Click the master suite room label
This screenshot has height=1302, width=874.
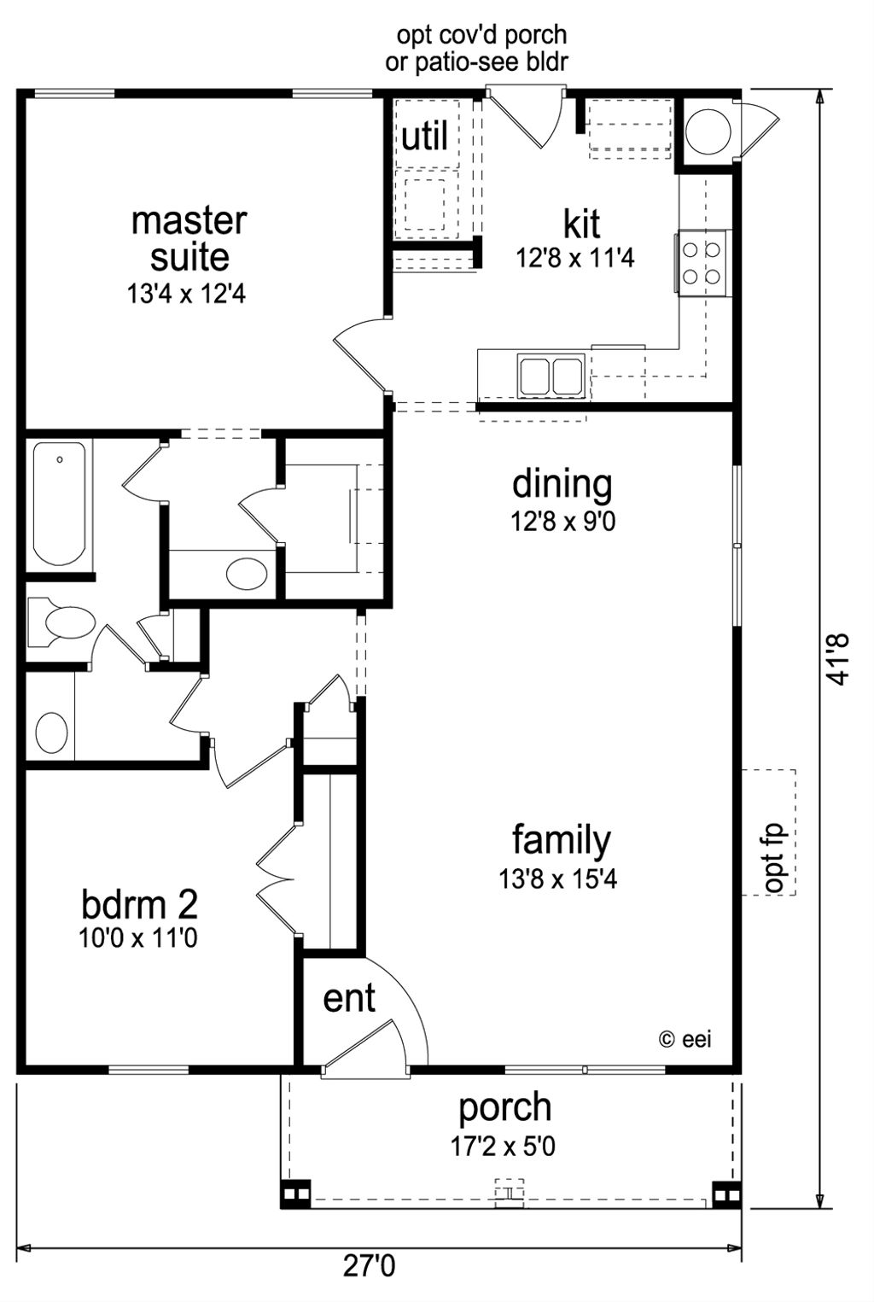tap(189, 238)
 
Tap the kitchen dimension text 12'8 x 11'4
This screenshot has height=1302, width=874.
tap(575, 258)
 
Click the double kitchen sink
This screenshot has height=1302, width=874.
tap(551, 377)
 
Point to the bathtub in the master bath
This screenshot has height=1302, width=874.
tap(60, 503)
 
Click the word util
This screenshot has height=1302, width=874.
tap(424, 137)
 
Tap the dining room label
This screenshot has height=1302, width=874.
tap(562, 483)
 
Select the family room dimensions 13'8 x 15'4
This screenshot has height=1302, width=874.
tap(558, 879)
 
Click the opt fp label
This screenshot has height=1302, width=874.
tap(773, 857)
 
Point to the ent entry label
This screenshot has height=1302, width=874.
tap(349, 997)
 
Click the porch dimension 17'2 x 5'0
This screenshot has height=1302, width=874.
tap(504, 1146)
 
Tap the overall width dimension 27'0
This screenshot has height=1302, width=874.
tap(370, 1265)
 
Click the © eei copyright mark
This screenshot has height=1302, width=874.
tap(685, 1039)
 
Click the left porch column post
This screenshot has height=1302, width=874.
tap(295, 1194)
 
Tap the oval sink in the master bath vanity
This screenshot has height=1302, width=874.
tap(247, 574)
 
